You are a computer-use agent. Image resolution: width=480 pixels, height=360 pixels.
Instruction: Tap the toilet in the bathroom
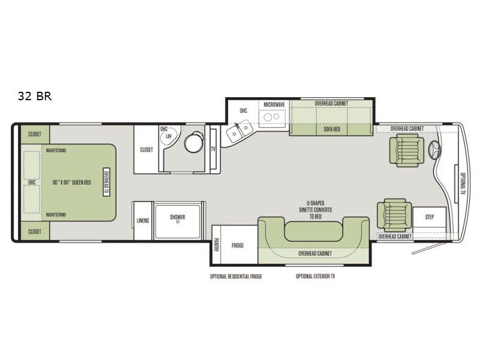[193, 142]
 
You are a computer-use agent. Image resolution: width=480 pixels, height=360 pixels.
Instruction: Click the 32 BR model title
[35, 96]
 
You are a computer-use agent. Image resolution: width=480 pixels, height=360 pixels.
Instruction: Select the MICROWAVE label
[274, 104]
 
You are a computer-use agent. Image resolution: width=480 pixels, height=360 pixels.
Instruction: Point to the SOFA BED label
[332, 129]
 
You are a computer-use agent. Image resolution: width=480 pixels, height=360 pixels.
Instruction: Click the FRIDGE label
[238, 245]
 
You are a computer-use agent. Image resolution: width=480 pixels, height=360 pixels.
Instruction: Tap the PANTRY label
[216, 245]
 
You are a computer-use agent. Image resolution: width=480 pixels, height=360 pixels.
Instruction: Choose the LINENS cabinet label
[143, 221]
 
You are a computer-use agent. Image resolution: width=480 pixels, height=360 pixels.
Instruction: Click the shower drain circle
[178, 221]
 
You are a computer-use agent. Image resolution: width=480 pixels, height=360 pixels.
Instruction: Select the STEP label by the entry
[429, 217]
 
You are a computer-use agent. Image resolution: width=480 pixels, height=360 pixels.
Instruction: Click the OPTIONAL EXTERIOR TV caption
[316, 277]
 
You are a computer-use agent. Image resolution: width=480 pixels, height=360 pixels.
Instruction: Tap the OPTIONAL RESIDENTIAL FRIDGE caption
[236, 277]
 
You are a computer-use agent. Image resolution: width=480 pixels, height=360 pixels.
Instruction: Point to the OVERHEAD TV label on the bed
[107, 182]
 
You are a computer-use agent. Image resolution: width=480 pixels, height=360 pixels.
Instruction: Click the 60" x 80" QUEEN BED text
[71, 182]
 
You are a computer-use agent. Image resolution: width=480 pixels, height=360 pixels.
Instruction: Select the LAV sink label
[169, 136]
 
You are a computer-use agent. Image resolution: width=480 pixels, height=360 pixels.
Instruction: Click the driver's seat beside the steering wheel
[407, 152]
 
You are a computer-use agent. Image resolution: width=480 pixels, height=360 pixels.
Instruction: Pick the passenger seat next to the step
[394, 215]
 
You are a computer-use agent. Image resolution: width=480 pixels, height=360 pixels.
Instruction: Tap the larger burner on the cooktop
[268, 117]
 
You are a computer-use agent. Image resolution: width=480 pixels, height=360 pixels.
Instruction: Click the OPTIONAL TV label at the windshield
[463, 184]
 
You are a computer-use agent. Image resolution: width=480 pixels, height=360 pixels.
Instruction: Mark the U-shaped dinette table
[313, 231]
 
